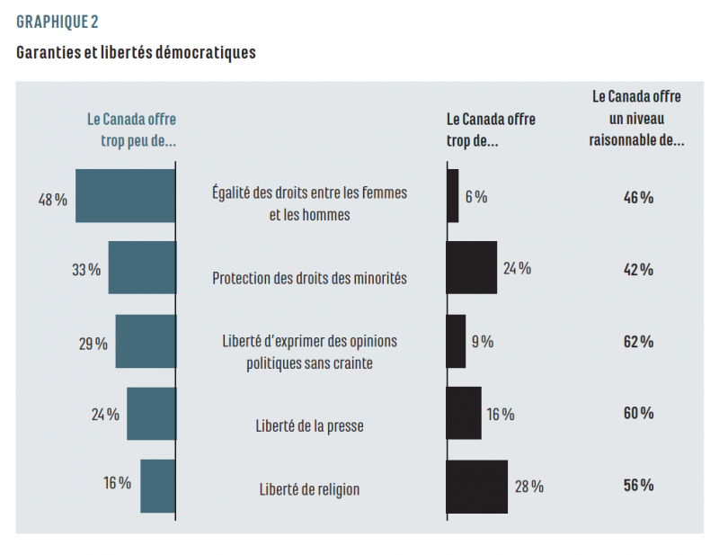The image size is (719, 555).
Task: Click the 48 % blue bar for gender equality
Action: click(125, 196)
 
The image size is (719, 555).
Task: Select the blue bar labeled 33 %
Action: click(141, 268)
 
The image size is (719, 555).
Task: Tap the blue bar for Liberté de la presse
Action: click(150, 414)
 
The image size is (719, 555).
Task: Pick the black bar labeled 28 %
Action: click(476, 487)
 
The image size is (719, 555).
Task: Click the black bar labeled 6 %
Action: click(452, 196)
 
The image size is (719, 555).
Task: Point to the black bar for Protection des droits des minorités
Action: click(471, 268)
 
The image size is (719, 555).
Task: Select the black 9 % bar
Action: click(456, 341)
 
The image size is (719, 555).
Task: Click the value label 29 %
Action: click(93, 343)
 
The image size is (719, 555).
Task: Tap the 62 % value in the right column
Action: click(638, 342)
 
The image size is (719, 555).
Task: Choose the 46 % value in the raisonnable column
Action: click(638, 197)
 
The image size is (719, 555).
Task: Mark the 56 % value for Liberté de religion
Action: click(638, 486)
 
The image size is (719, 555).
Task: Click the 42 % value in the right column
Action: click(638, 269)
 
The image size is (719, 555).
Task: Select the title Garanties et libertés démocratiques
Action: click(136, 52)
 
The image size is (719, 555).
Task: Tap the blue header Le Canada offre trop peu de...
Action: click(131, 130)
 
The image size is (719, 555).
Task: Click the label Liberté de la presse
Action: click(309, 425)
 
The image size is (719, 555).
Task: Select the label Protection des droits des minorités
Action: click(309, 278)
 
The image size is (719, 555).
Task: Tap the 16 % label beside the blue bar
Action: click(117, 483)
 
